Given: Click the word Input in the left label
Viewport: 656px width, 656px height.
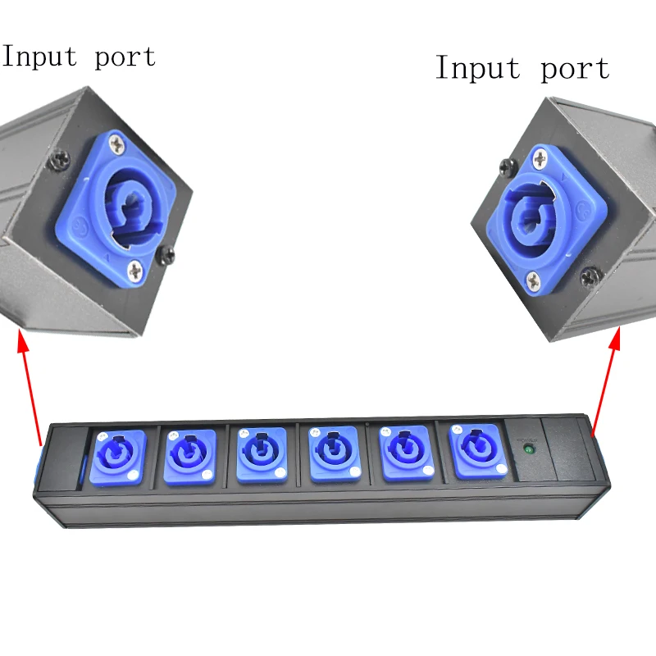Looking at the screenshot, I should pos(39,57).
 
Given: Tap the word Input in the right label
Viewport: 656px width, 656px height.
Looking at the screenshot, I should pos(475,68).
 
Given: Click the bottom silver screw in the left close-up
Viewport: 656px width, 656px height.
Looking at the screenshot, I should pos(136,267).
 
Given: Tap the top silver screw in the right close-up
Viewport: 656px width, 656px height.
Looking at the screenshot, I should pos(540,155).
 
